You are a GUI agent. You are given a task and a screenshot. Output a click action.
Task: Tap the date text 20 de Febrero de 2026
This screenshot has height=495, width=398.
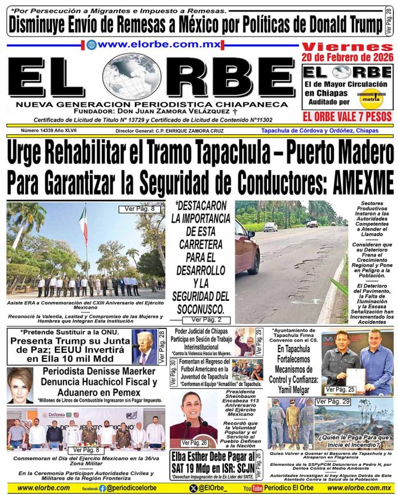pyautogui.click(x=347, y=58)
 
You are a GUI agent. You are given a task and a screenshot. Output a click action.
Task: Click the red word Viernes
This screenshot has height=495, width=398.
pyautogui.click(x=347, y=47)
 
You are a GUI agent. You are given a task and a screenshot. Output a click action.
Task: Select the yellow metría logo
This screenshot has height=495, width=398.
pyautogui.click(x=370, y=98)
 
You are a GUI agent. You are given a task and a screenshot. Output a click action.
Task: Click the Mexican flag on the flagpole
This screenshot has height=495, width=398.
pyautogui.click(x=83, y=223)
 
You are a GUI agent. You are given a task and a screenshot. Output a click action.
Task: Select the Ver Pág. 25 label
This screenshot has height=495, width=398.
pyautogui.click(x=339, y=389)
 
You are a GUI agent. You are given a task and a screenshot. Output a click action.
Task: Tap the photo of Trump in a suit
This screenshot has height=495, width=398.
pyautogui.click(x=144, y=348)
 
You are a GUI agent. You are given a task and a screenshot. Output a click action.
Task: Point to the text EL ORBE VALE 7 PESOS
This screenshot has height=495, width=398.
pyautogui.click(x=348, y=116)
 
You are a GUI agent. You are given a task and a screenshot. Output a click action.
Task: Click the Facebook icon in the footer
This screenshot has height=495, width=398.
pyautogui.click(x=102, y=488)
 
